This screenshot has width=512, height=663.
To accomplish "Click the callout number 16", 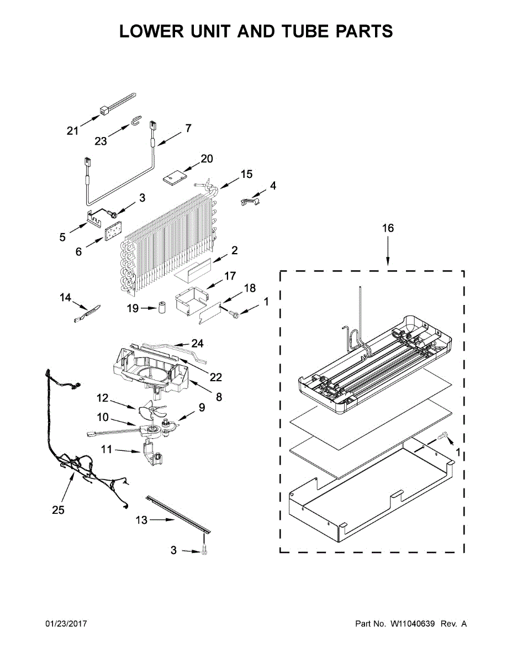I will pos(388,228).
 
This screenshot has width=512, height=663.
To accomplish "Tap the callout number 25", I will pos(58,510).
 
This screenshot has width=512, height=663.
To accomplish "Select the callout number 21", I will pos(73,131).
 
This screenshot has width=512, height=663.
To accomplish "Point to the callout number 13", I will pos(141,520).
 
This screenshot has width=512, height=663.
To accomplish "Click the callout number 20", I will pos(207,159).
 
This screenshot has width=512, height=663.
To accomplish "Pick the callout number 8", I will pos(219,397).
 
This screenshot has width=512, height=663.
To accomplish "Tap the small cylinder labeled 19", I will pos(162,308).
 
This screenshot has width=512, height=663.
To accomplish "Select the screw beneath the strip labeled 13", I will pos(204,551).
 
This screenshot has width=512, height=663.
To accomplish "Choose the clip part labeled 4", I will pos(250,201).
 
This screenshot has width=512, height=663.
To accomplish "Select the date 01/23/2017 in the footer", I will pos(66,624).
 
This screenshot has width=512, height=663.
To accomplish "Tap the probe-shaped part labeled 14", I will pos(87,313).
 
